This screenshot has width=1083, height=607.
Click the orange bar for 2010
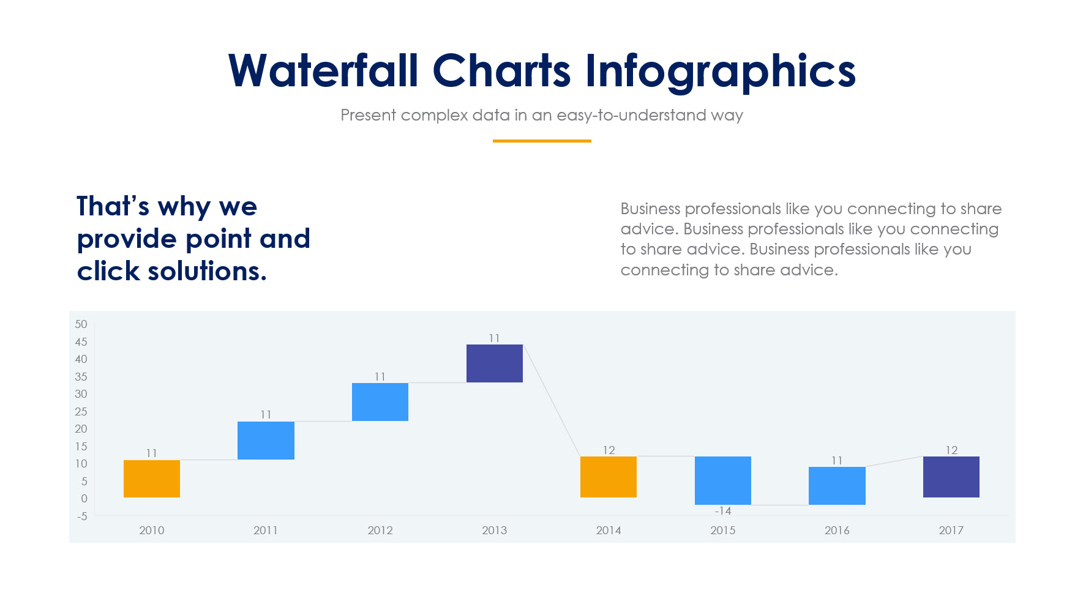pos(151,479)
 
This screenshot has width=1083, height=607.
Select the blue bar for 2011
pos(266,440)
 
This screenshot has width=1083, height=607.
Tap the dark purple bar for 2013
pos(494,363)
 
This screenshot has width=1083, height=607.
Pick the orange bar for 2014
pos(608,477)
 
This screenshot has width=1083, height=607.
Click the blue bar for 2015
pos(722,480)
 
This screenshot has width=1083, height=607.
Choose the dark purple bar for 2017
pos(951,477)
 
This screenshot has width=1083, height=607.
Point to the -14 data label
pos(722,511)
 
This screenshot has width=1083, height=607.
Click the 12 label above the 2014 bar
pos(609,450)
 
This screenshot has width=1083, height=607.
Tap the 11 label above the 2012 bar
pos(380,377)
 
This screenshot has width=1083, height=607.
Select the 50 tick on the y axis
pos(81,324)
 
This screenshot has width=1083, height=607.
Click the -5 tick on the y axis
pos(82,516)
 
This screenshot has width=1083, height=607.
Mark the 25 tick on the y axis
pos(81,411)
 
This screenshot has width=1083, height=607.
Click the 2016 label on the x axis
pos(836,531)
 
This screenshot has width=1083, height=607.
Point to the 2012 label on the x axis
pos(380,531)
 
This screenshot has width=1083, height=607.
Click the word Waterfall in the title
pos(323,71)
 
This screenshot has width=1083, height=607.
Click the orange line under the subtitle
pos(541,141)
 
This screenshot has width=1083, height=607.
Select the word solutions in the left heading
pos(207,271)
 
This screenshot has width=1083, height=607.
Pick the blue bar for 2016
pos(836,485)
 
